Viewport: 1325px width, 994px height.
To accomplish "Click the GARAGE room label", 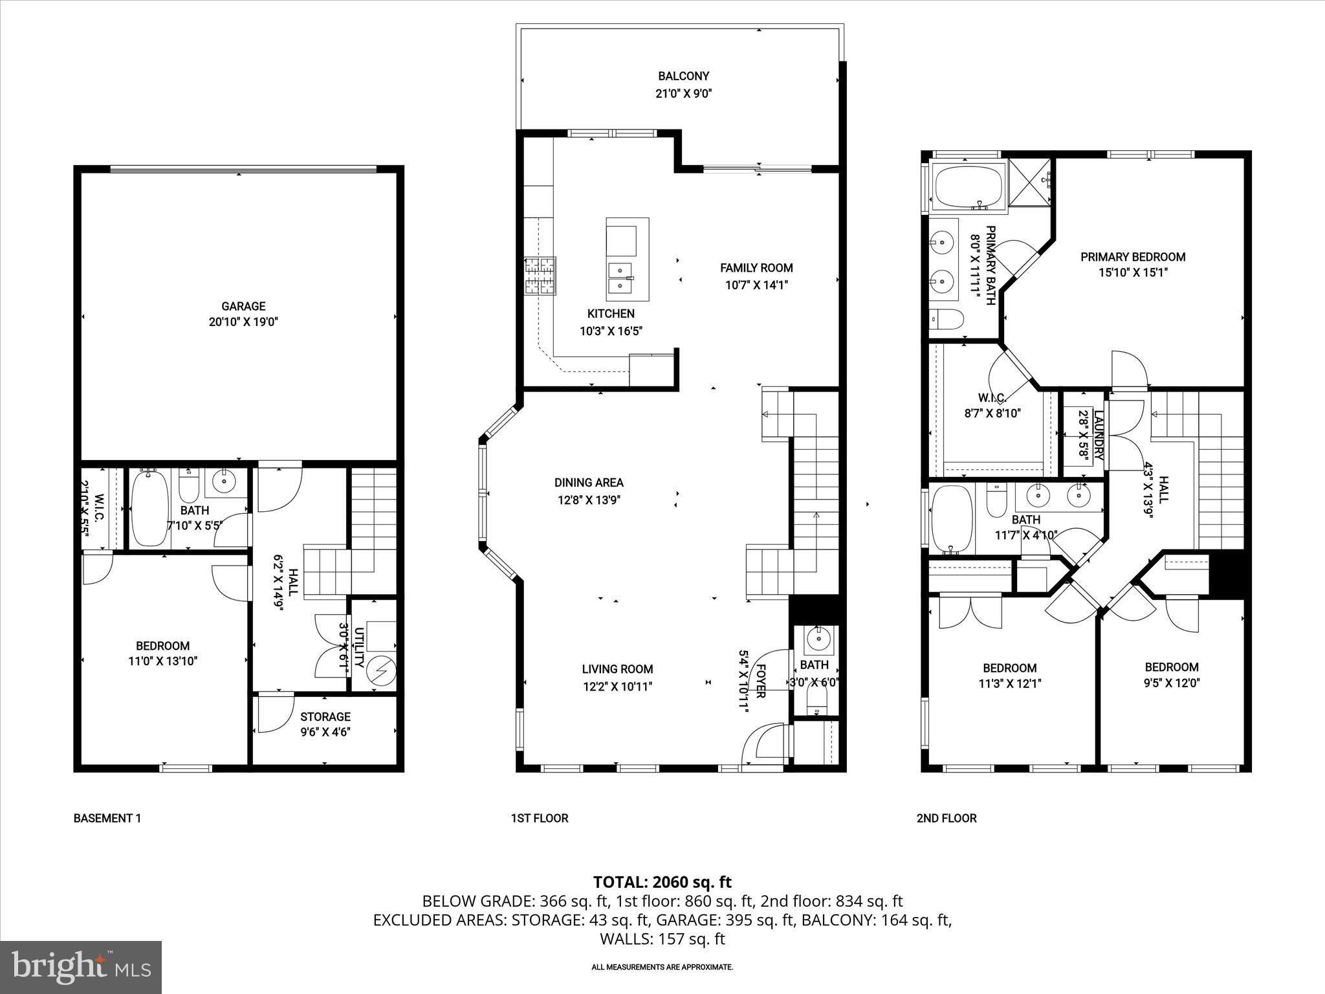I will click(x=243, y=307).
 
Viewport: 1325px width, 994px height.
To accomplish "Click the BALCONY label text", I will click(x=683, y=76).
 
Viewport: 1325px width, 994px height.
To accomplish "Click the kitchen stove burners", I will click(x=540, y=276).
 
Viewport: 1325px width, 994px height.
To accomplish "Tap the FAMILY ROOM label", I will click(x=756, y=268).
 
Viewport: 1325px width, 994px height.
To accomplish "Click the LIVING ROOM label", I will click(x=617, y=669).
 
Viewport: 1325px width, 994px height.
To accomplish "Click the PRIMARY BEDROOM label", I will click(x=1132, y=257).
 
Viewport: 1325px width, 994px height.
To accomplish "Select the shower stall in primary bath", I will click(x=1029, y=182).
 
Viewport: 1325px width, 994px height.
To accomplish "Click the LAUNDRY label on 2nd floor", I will click(x=1098, y=434).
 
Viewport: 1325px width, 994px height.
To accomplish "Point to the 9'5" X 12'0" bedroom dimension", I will click(x=1171, y=682).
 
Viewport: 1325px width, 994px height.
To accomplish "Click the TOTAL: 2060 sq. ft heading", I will click(x=662, y=881).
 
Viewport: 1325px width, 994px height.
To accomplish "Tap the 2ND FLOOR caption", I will click(x=946, y=818).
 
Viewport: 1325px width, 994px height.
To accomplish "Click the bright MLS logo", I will click(x=81, y=967).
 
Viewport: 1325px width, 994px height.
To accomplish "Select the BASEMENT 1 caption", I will click(x=107, y=818).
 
